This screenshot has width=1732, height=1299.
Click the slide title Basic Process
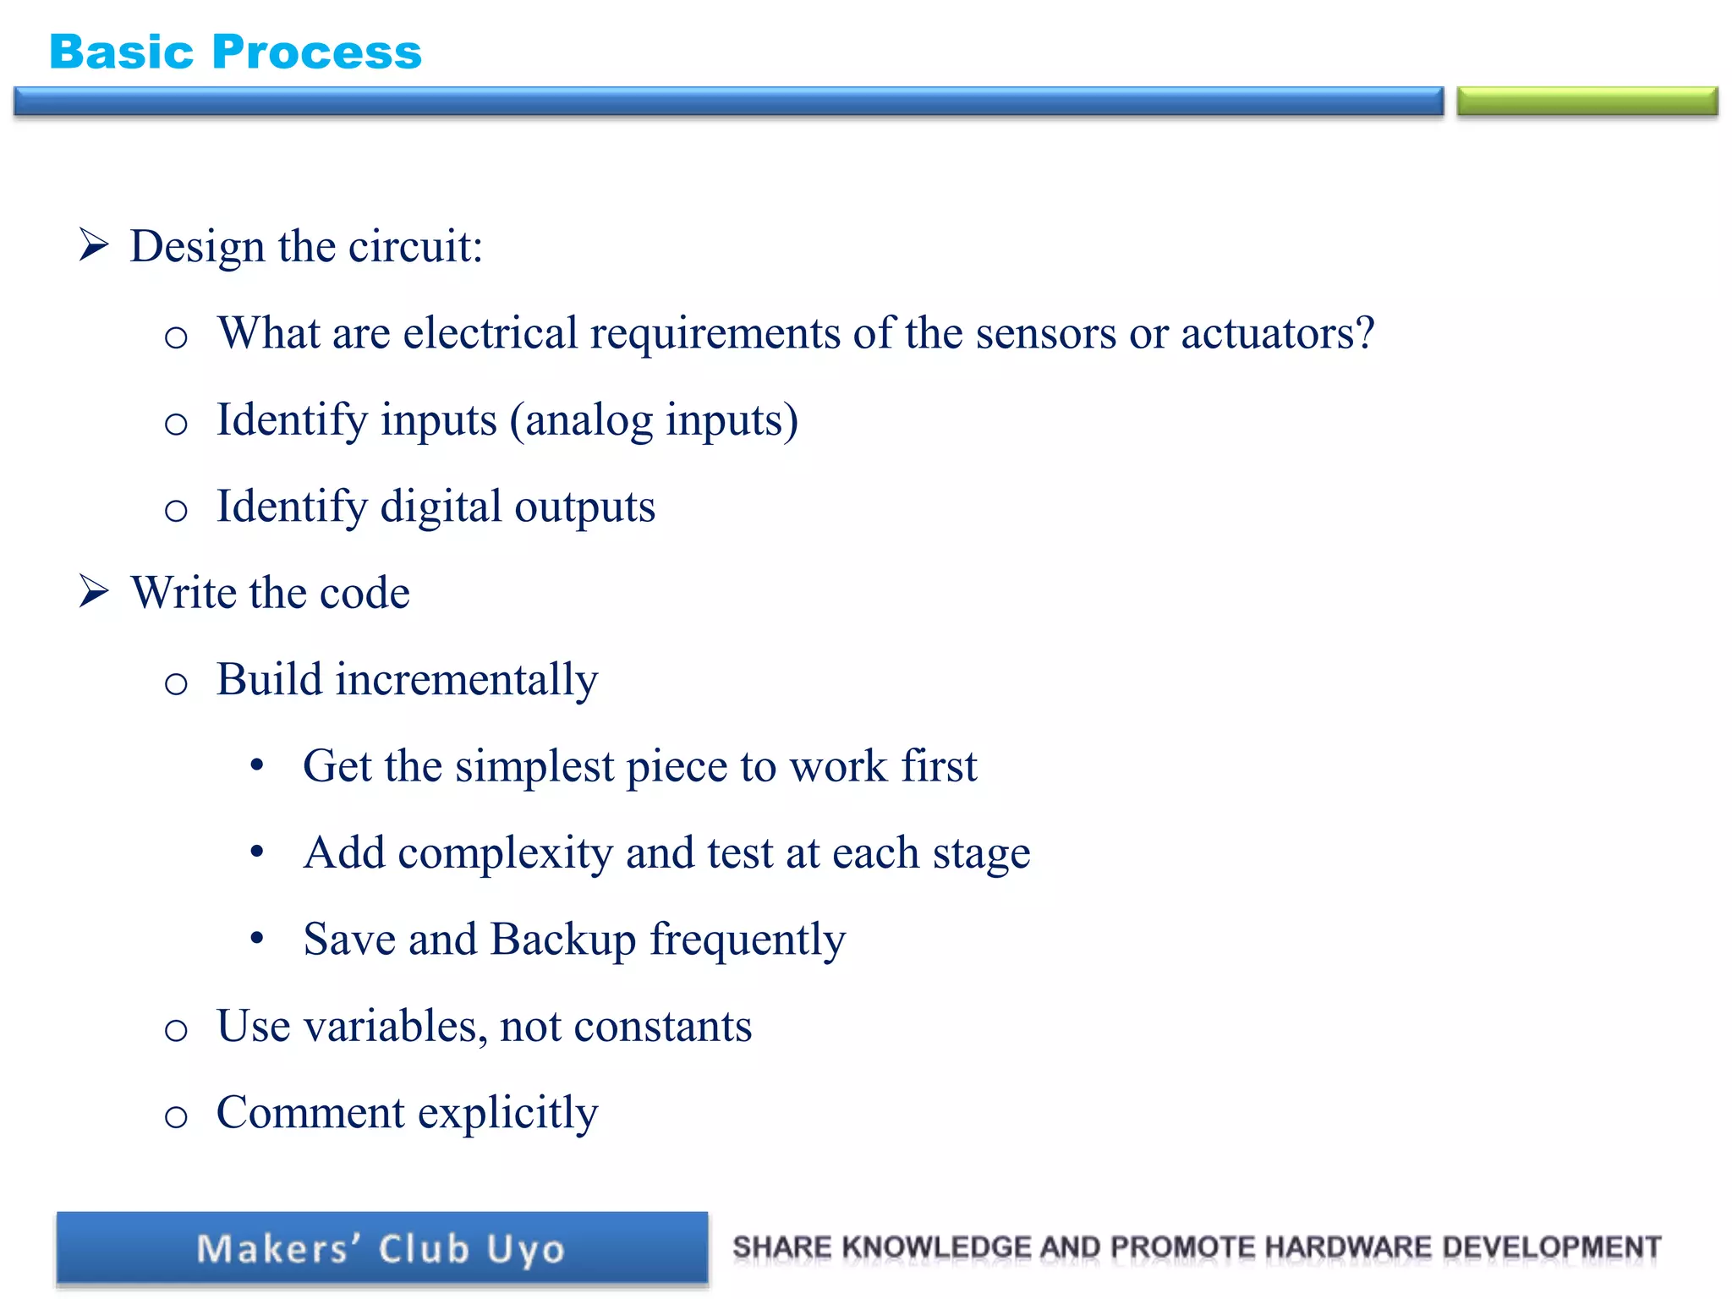235,52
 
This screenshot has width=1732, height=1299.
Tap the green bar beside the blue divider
1587,101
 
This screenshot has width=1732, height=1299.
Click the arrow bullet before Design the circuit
94,244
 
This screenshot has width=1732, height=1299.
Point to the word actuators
1277,333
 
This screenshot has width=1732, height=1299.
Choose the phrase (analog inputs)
654,420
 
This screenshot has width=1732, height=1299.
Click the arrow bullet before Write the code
94,591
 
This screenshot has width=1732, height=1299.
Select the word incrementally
466,680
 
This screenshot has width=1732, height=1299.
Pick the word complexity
505,853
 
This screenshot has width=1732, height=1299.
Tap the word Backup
563,940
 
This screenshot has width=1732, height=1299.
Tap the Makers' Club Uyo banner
381,1249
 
